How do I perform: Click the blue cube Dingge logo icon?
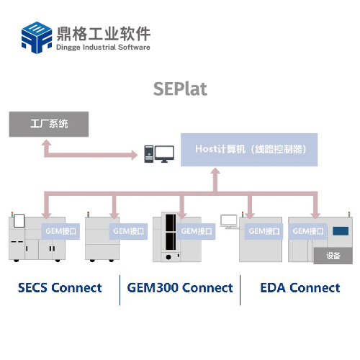pos(37,37)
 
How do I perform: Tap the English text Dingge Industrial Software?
pos(103,47)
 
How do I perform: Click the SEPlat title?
pos(180,89)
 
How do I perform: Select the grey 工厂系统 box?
pos(49,124)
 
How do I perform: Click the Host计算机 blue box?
pos(249,150)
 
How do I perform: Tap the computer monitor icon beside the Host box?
pos(164,154)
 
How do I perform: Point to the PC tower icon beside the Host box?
pos(149,154)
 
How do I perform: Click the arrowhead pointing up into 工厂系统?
pos(46,143)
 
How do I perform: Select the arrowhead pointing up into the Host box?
pos(215,171)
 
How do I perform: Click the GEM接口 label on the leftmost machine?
pos(60,231)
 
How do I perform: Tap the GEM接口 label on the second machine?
pos(128,231)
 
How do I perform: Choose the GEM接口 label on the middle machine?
pos(196,231)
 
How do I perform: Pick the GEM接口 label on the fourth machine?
pos(264,231)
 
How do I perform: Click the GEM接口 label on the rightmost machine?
pos(307,231)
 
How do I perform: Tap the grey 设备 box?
pos(333,256)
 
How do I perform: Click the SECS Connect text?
pos(60,288)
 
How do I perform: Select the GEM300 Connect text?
pos(180,288)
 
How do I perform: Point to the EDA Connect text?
pos(300,288)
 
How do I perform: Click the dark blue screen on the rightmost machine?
pos(341,231)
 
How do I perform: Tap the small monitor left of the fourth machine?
pos(229,222)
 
